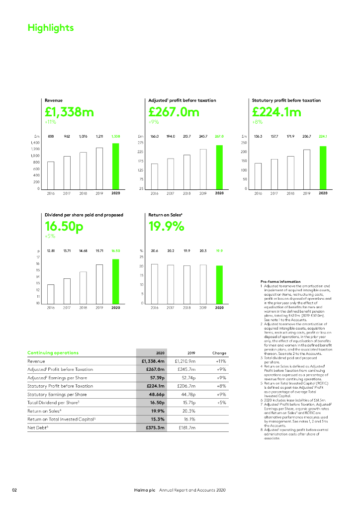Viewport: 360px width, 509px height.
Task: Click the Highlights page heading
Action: [51, 28]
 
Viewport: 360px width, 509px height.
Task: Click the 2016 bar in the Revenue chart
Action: [51, 175]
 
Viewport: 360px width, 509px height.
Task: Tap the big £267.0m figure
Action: [174, 112]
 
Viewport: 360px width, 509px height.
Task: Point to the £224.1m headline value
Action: [276, 112]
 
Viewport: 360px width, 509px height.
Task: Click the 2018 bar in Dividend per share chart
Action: [83, 287]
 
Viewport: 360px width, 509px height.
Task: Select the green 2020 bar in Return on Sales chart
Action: [219, 284]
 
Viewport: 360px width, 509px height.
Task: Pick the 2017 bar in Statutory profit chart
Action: [274, 174]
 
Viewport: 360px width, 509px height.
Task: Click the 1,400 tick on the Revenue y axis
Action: [35, 143]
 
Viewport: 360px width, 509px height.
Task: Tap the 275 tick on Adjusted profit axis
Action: [141, 143]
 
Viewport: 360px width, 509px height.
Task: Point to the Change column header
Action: [219, 353]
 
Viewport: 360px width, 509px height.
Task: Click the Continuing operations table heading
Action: [53, 353]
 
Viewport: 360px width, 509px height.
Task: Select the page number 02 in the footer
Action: [14, 490]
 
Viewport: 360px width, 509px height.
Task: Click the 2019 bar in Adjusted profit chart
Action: [203, 169]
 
